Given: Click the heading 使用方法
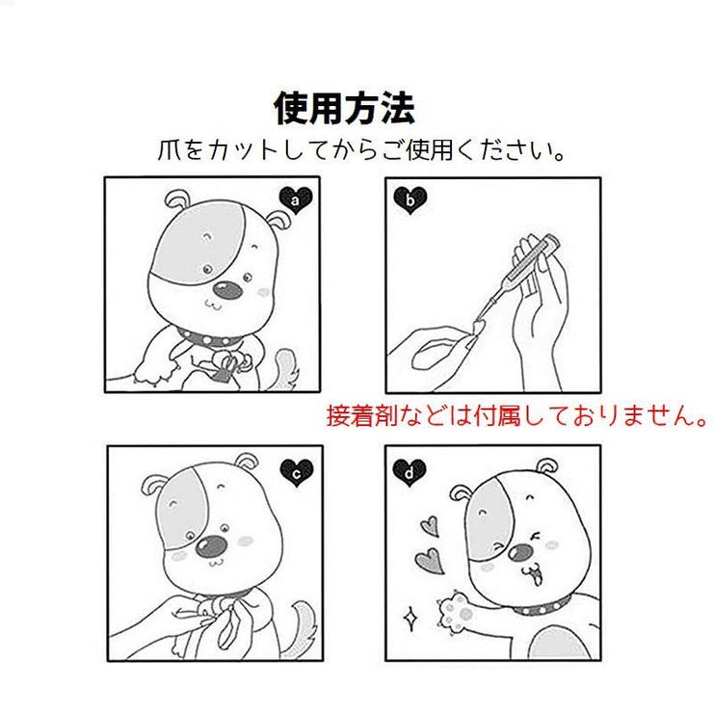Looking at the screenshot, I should [344, 109].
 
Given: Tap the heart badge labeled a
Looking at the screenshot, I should [297, 198].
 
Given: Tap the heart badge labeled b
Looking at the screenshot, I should [410, 199].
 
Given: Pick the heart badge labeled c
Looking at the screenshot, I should [297, 471].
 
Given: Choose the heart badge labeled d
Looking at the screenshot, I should [409, 471].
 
